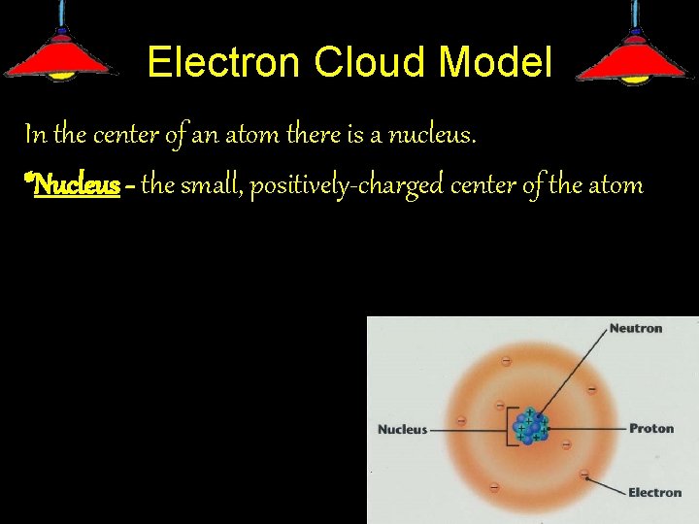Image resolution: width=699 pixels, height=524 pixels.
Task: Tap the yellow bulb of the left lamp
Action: coord(61,74)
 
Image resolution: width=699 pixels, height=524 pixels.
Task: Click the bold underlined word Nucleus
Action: coord(77,184)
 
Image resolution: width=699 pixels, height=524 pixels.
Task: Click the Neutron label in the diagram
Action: coord(635,329)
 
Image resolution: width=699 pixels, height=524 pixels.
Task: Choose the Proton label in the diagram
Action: coord(650,428)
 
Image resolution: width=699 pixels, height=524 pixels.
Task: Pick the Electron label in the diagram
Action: coord(654,492)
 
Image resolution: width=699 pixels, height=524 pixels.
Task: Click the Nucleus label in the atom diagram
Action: coord(402,429)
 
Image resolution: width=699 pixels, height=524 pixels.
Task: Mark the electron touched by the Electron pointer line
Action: coord(584,475)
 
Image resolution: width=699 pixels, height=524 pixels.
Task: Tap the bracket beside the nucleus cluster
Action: coord(509,428)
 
